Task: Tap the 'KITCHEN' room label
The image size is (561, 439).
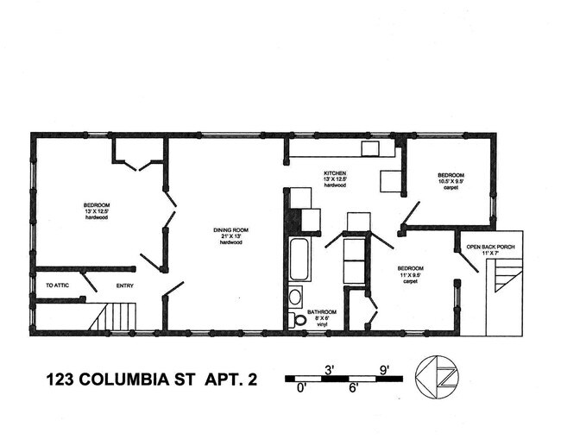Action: [335, 173]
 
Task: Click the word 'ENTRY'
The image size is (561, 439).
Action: [125, 285]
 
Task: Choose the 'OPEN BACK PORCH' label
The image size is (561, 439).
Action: [490, 248]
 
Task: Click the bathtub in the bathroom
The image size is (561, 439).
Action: [299, 259]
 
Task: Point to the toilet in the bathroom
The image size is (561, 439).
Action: [298, 320]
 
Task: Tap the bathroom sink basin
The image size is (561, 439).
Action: [295, 298]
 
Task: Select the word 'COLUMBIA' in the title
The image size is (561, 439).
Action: [129, 378]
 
